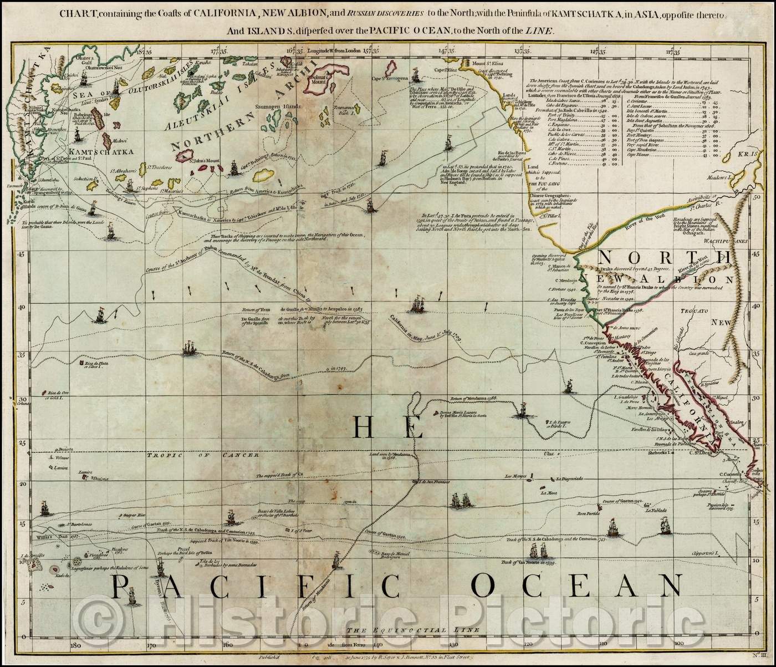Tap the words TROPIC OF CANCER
(203, 455)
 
